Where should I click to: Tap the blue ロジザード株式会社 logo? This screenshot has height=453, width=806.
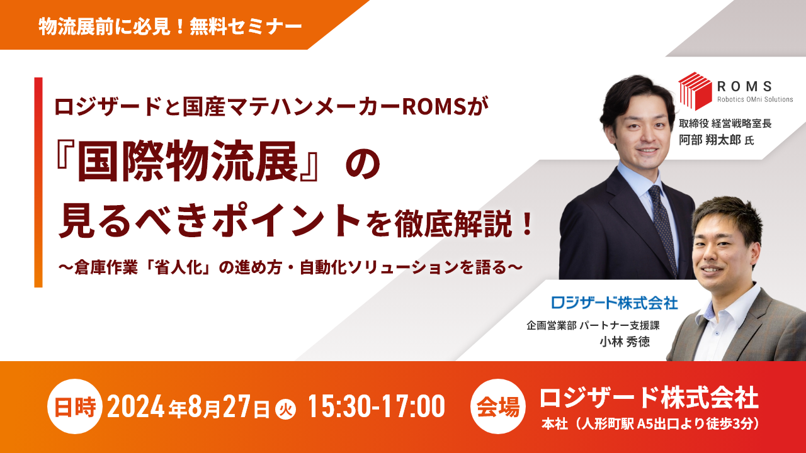pyautogui.click(x=614, y=303)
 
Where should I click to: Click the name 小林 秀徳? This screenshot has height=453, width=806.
pyautogui.click(x=625, y=342)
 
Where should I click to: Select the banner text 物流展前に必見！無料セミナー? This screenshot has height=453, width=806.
pyautogui.click(x=170, y=26)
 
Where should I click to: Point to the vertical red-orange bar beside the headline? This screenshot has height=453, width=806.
pyautogui.click(x=38, y=182)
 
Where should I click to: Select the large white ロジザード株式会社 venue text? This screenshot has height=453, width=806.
pyautogui.click(x=649, y=398)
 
